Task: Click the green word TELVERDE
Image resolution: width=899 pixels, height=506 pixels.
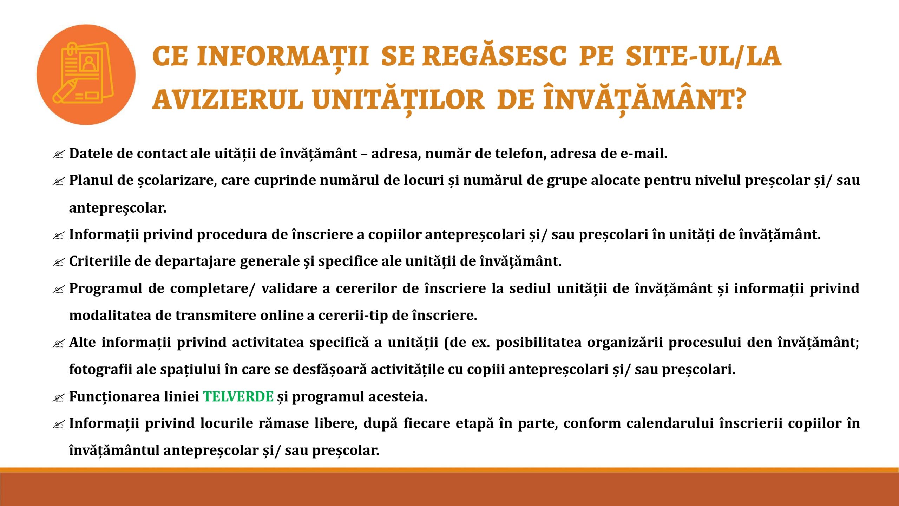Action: click(238, 396)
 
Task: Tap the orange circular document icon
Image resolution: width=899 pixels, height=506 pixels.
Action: click(86, 74)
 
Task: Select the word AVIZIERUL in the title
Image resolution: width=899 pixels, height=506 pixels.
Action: click(228, 99)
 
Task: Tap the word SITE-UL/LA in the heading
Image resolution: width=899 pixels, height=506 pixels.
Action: click(703, 56)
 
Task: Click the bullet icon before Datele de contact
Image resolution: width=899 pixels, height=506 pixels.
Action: click(59, 154)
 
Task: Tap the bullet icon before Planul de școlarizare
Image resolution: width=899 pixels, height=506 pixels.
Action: click(59, 181)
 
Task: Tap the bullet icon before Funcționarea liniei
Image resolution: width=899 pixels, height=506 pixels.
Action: click(59, 398)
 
